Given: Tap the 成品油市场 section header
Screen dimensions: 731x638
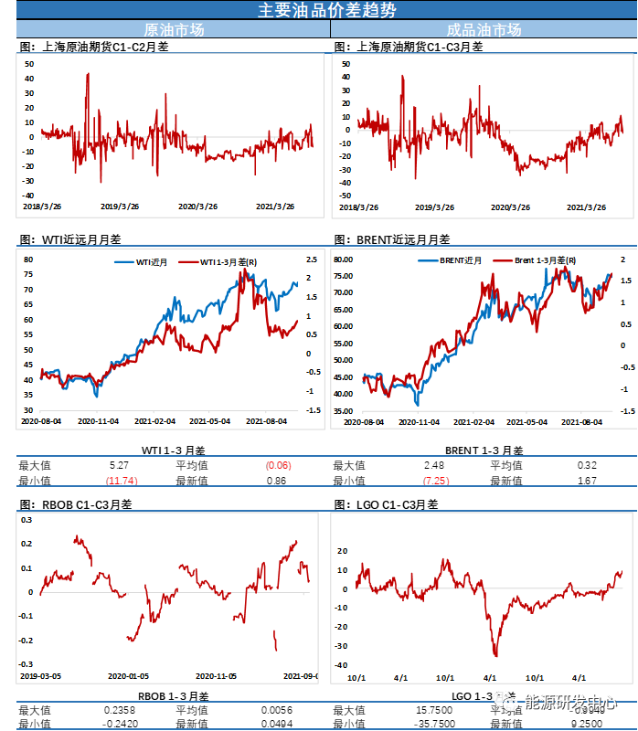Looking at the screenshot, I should coord(484,29).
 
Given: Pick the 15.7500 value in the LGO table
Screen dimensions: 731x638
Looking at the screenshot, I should coord(435,709).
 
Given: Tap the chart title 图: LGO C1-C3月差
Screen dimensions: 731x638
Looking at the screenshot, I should coord(387,503).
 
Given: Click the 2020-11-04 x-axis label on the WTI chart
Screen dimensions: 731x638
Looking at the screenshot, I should coord(100,421).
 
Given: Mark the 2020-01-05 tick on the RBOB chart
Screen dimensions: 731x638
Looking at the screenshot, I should coord(129,676).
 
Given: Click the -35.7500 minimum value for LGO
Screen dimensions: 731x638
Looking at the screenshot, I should coord(433,724).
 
